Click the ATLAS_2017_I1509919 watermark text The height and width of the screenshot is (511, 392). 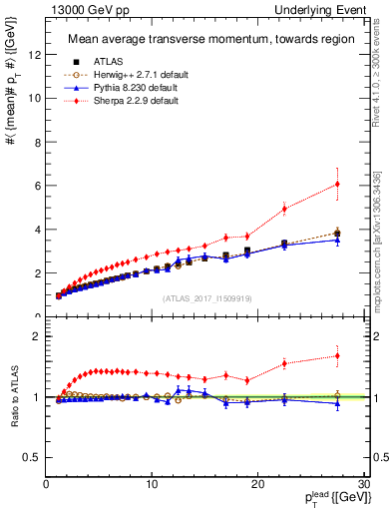pyautogui.click(x=206, y=297)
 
